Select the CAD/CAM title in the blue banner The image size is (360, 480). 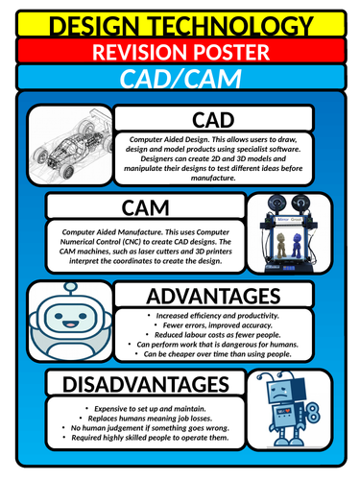point(180,79)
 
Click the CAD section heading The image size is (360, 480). point(213,120)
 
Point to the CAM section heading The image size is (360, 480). point(145,208)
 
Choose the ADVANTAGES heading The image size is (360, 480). point(213,296)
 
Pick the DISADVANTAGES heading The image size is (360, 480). point(146,384)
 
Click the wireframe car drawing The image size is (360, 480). point(71,145)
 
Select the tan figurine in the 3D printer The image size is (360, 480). point(281,245)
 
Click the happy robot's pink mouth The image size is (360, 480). point(70,324)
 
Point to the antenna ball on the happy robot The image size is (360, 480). point(70,287)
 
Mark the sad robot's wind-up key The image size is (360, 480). point(312,413)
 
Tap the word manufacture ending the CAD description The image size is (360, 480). point(213,178)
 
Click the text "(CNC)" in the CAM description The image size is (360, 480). point(132,242)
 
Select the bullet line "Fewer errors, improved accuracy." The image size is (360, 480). point(218,325)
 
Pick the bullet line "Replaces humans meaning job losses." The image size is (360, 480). point(150,419)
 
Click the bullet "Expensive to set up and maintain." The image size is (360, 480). point(150,409)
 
